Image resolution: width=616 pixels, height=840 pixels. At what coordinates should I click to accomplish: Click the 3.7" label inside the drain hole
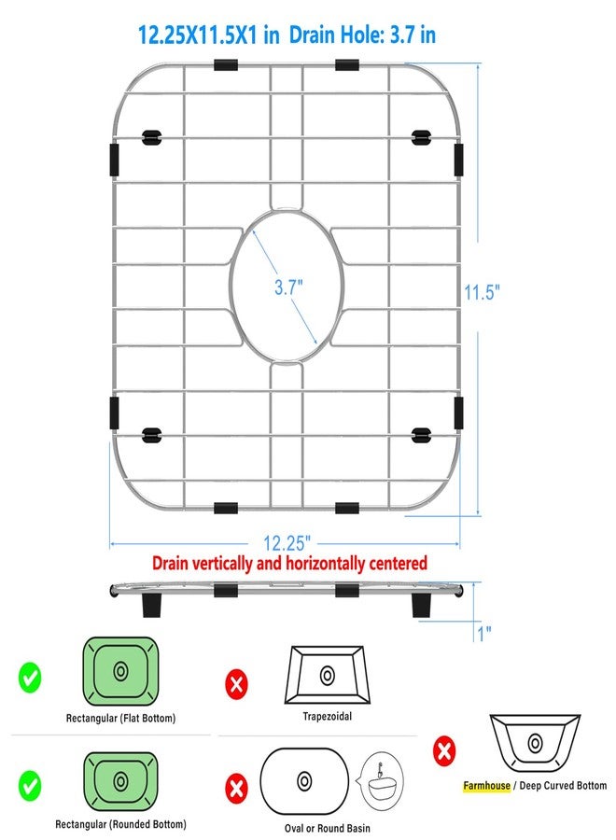click(x=288, y=287)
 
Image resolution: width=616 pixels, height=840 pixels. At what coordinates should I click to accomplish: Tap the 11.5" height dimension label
click(x=482, y=292)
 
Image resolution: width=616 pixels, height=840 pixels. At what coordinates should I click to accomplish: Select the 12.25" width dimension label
click(x=287, y=543)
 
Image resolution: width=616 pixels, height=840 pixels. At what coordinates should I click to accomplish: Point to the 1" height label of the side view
click(x=484, y=633)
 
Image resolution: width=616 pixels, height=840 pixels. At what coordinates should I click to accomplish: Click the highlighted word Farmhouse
click(x=486, y=785)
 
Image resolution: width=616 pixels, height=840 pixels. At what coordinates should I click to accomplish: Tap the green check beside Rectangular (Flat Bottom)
click(x=30, y=678)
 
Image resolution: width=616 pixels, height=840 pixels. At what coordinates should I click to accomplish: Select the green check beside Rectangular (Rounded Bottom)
click(x=30, y=786)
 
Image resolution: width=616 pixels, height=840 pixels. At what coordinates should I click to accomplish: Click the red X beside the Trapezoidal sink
click(x=236, y=684)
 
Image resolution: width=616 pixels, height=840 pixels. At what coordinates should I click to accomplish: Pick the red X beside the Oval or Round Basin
click(x=236, y=789)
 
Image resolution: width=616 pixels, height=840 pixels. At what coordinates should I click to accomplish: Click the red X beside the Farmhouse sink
click(x=444, y=750)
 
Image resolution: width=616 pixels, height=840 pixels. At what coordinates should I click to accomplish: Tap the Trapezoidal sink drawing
click(x=327, y=675)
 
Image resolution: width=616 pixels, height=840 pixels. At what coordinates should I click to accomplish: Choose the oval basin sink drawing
click(x=304, y=781)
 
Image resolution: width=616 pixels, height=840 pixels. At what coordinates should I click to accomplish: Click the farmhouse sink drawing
click(x=535, y=743)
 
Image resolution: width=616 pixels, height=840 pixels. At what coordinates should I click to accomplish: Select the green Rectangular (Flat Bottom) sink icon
click(x=120, y=671)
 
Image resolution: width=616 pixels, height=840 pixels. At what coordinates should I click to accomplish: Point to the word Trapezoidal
click(x=328, y=716)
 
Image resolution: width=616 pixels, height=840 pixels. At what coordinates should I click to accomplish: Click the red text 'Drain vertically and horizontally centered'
click(x=289, y=564)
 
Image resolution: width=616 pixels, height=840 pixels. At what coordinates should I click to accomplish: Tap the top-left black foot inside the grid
click(x=151, y=137)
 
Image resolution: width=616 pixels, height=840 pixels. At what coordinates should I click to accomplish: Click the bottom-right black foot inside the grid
click(x=421, y=435)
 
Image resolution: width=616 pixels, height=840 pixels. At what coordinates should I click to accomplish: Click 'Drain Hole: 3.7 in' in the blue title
click(x=362, y=35)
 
